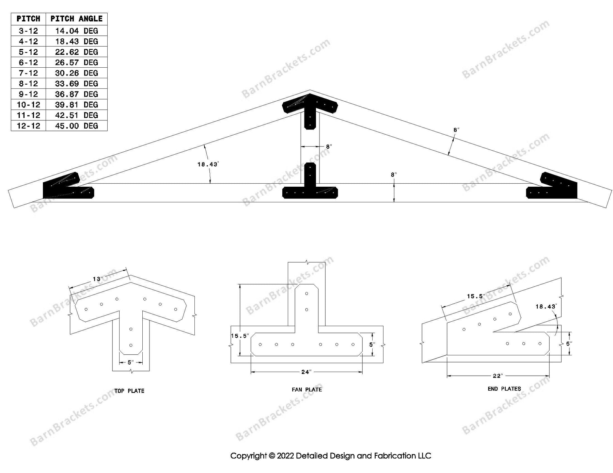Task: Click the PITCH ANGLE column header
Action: pyautogui.click(x=76, y=19)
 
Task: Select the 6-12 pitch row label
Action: pyautogui.click(x=28, y=63)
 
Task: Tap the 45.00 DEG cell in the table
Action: pyautogui.click(x=76, y=126)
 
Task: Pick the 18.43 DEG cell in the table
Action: pyautogui.click(x=76, y=41)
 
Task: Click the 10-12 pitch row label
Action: pyautogui.click(x=28, y=105)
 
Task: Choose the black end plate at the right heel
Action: pyautogui.click(x=555, y=189)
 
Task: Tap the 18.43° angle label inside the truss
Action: pyautogui.click(x=207, y=165)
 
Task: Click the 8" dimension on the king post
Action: pyautogui.click(x=329, y=147)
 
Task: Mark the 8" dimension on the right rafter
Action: pyautogui.click(x=456, y=130)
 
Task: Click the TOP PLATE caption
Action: pyautogui.click(x=129, y=391)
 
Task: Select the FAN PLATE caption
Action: pyautogui.click(x=306, y=390)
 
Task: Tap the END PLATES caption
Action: pyautogui.click(x=504, y=389)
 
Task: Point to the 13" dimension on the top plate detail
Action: pyautogui.click(x=97, y=279)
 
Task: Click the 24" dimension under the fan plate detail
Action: pyautogui.click(x=306, y=372)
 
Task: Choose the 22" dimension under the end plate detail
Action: pyautogui.click(x=498, y=376)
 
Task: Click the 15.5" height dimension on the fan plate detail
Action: pyautogui.click(x=240, y=336)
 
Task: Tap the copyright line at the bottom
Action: pyautogui.click(x=330, y=456)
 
